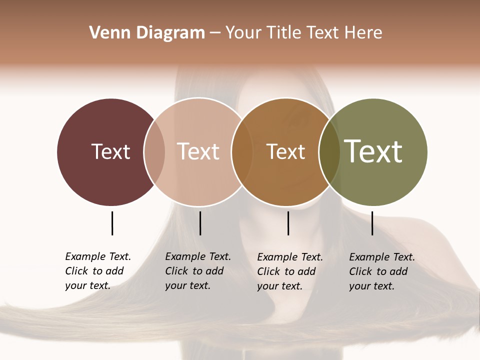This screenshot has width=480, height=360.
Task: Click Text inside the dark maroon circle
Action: click(x=110, y=151)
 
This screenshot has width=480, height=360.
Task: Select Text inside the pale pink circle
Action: click(x=198, y=151)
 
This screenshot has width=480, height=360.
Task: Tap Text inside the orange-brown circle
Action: click(x=285, y=151)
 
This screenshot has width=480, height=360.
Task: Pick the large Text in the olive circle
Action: click(x=373, y=151)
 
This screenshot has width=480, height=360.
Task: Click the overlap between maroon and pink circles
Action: click(x=154, y=151)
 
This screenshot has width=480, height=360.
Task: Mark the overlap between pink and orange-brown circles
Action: click(x=242, y=151)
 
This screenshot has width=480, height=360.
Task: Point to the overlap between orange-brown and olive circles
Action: click(x=329, y=151)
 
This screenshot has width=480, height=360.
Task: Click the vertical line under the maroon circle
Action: click(x=112, y=223)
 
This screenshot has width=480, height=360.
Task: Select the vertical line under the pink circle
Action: click(x=200, y=223)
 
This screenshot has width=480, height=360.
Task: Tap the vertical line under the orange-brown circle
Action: click(x=288, y=223)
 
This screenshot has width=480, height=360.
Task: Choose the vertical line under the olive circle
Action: click(x=372, y=223)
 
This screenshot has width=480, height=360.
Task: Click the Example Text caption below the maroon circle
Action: click(x=98, y=271)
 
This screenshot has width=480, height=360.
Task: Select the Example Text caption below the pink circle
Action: click(x=198, y=271)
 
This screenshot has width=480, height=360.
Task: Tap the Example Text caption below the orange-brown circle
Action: click(x=290, y=271)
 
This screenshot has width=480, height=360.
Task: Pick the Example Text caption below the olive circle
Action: click(x=382, y=271)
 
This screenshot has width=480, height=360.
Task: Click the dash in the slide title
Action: click(x=215, y=33)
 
